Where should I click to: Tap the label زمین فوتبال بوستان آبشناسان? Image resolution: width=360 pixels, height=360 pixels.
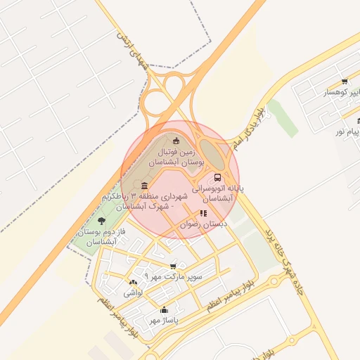click(181, 156)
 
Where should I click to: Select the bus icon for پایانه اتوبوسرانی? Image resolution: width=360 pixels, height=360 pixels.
click(217, 178)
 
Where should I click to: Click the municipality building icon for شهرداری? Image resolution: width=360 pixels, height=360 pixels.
click(145, 186)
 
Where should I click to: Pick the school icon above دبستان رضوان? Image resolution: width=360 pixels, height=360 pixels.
click(203, 213)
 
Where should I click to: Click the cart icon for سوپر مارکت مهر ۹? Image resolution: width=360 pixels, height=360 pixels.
click(173, 266)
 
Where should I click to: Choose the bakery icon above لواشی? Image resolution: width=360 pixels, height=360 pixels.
click(134, 282)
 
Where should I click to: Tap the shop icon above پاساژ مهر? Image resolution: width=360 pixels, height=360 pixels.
click(164, 310)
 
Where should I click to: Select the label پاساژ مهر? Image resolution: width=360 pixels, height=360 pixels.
click(164, 321)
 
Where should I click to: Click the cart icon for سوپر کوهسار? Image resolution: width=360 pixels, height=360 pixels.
click(344, 82)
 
